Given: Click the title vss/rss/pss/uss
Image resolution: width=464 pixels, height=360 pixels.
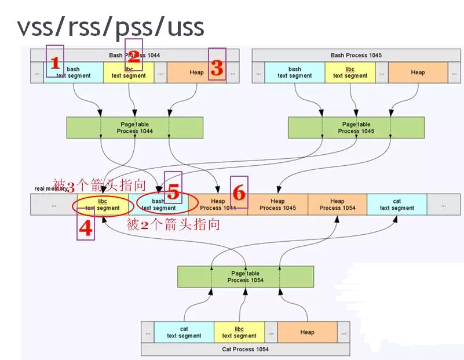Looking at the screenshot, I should [110, 27].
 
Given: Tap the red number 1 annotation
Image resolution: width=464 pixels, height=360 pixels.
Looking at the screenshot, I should [56, 63].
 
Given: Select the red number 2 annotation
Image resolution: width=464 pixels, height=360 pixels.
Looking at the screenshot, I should [133, 56].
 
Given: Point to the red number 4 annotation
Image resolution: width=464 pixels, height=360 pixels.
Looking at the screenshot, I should [85, 229].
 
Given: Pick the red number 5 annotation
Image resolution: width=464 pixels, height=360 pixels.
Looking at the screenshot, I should [173, 191].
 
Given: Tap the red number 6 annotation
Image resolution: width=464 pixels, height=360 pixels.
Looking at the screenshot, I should [239, 192].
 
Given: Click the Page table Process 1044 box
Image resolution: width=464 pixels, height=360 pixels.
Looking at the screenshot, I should [135, 128].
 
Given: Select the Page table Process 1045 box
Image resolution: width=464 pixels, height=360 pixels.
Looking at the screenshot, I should [356, 128].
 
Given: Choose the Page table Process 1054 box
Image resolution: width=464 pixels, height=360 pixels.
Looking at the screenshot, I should [245, 277].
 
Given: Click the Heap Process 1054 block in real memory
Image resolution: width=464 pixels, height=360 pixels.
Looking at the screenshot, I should [337, 205].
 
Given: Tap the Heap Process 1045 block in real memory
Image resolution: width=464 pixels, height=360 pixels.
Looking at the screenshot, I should [277, 205].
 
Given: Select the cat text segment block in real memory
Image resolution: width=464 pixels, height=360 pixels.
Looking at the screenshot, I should [397, 205].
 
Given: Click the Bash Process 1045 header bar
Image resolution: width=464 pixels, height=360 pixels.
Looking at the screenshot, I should [356, 56].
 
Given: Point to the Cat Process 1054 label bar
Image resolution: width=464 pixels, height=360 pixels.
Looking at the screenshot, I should [245, 350].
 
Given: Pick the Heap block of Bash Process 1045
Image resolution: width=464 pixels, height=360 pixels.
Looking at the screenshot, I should [418, 73].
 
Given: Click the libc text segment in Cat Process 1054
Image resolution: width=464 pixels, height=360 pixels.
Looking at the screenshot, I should [239, 332].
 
